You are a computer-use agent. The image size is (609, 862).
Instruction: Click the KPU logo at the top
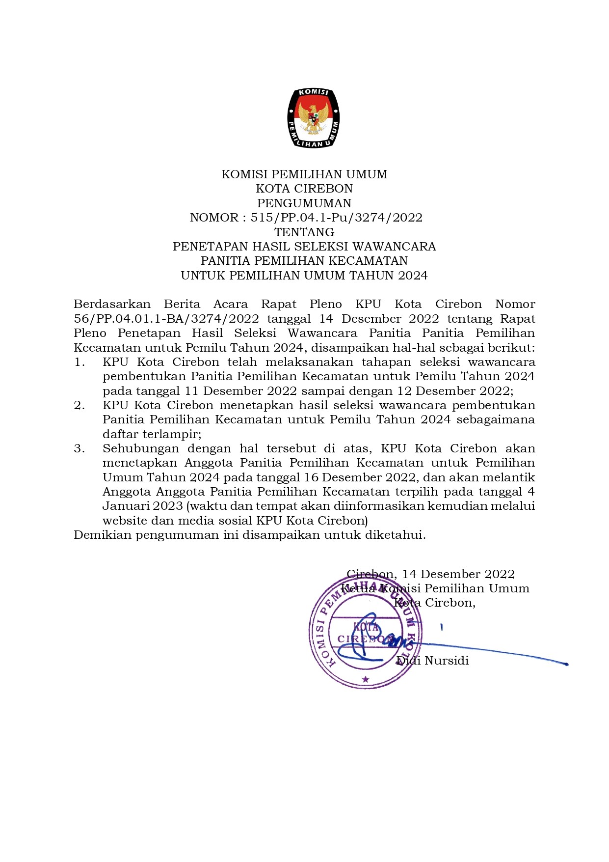tap(314, 118)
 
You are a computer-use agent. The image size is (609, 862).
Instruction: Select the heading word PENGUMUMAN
tap(304, 203)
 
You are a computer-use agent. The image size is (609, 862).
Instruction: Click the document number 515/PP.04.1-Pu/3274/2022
tap(336, 218)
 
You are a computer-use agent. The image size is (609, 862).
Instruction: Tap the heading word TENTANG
tap(304, 232)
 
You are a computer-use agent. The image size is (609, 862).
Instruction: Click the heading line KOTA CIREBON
tap(304, 189)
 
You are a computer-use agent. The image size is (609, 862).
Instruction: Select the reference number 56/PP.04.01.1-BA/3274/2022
tap(166, 319)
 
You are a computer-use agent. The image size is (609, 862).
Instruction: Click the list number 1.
tap(79, 362)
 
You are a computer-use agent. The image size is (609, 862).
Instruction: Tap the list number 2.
tap(79, 406)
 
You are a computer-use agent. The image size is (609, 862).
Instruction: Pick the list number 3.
tap(79, 449)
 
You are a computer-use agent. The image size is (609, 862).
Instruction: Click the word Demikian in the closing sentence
tap(103, 535)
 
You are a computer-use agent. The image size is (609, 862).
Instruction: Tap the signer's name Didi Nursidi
tap(433, 661)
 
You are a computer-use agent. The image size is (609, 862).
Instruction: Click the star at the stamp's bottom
tap(365, 679)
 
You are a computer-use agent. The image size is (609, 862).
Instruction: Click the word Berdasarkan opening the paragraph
tap(112, 305)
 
